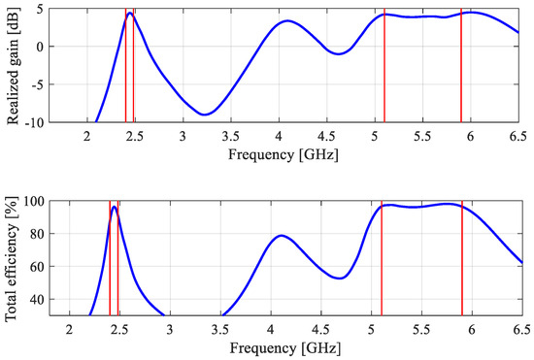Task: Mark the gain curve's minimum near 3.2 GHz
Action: tap(204, 115)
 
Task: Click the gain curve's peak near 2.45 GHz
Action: tap(129, 14)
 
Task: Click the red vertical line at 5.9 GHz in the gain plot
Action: tap(461, 68)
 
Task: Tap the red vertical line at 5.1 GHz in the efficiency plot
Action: tap(382, 257)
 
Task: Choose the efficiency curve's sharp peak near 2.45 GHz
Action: tap(115, 207)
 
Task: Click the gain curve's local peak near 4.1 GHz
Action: tap(286, 21)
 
